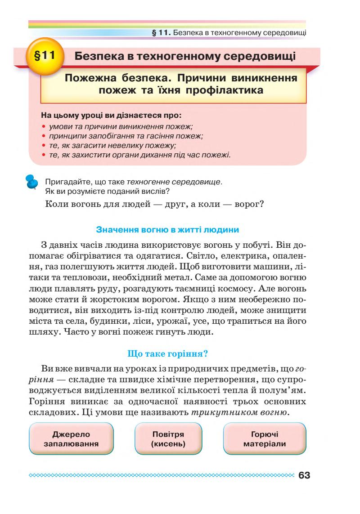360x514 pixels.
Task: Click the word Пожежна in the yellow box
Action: [98, 78]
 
